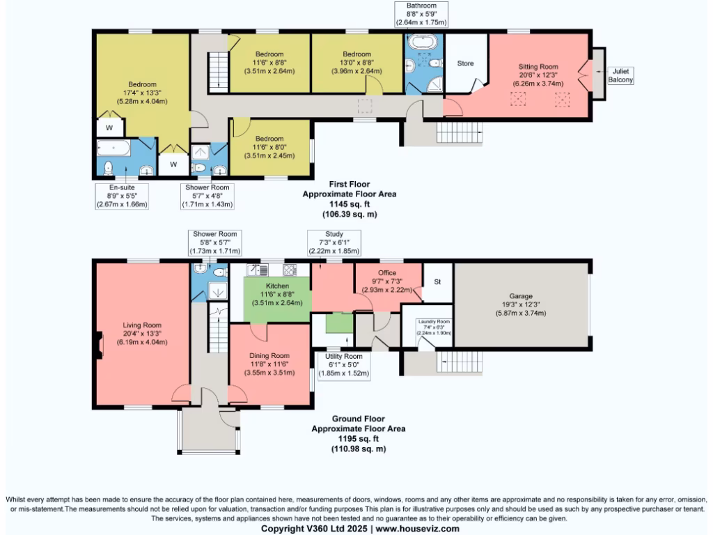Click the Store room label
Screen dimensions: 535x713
pos(465,63)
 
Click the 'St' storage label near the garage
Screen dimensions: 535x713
pos(437,282)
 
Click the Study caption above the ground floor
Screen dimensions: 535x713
pos(334,235)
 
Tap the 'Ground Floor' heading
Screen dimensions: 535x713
pos(358,419)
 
